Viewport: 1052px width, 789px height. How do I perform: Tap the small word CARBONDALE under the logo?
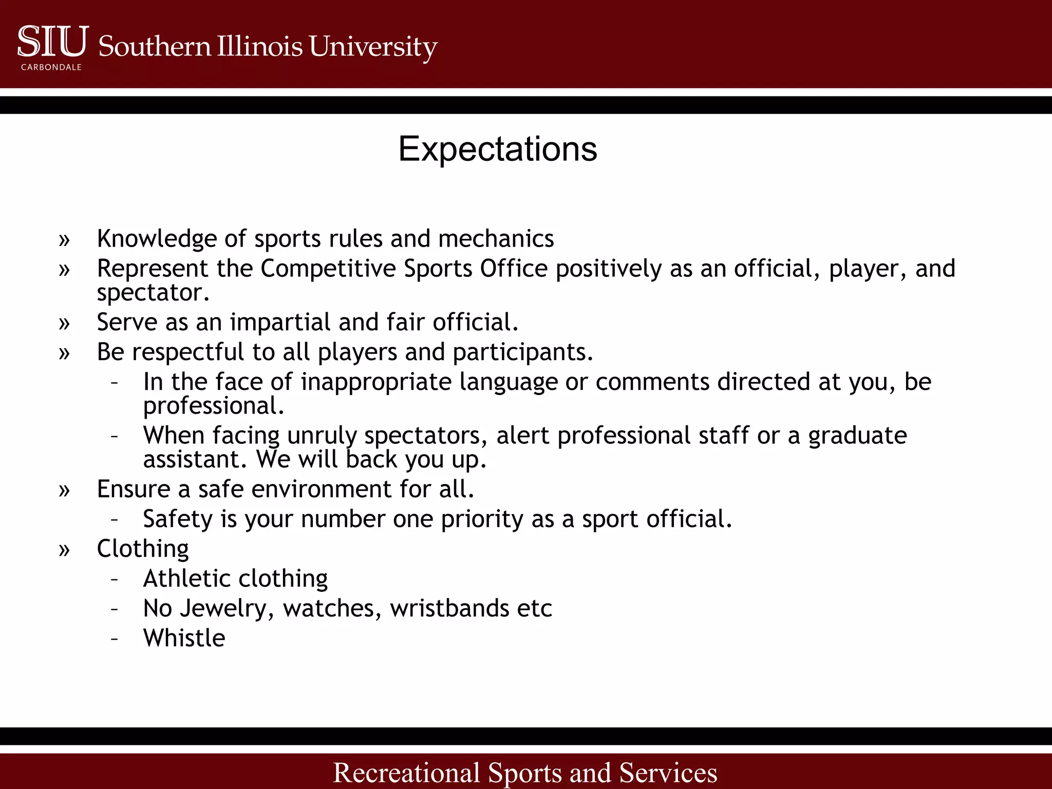click(x=51, y=67)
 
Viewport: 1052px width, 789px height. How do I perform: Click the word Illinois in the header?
click(x=259, y=46)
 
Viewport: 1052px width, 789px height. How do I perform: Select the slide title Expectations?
click(x=497, y=149)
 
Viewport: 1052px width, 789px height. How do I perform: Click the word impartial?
click(x=280, y=323)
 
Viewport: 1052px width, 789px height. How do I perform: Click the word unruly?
click(x=322, y=436)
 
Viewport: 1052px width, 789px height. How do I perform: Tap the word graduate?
click(x=857, y=436)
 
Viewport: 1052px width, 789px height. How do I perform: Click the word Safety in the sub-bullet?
click(x=177, y=519)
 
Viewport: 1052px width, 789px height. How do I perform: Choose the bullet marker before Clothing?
click(x=64, y=550)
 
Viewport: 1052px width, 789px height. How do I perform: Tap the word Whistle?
click(x=184, y=638)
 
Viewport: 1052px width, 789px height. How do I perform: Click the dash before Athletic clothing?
click(x=115, y=579)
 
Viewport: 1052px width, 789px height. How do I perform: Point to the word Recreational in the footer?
click(x=406, y=772)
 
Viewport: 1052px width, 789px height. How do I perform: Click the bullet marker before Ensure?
click(x=64, y=490)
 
